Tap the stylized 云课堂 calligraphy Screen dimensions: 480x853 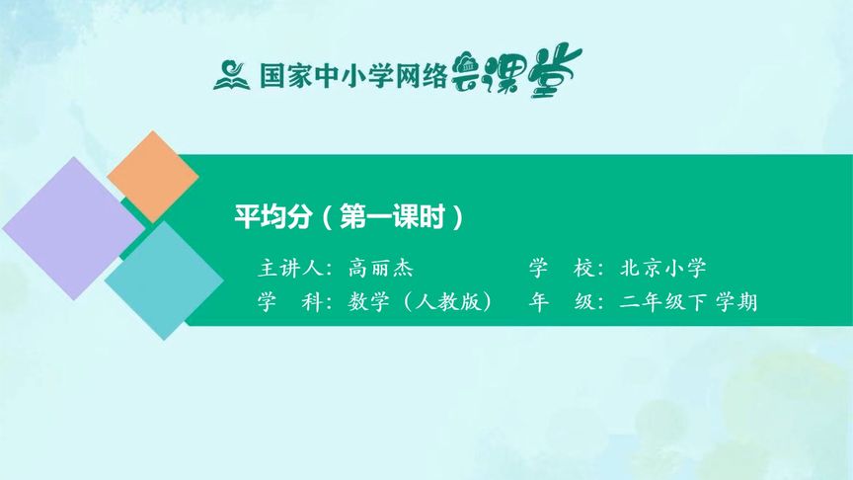coord(515,72)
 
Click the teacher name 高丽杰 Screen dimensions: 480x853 coord(381,268)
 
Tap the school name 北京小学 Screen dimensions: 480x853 coord(663,268)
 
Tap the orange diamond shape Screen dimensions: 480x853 coord(152,176)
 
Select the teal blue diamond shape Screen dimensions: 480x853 coord(164,280)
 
